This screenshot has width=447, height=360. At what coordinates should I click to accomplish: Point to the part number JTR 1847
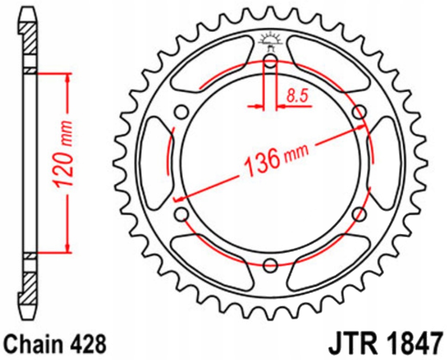tap(385, 343)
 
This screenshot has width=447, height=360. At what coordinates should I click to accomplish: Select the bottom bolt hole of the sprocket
tap(270, 266)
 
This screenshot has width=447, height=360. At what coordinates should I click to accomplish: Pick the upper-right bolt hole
tap(360, 112)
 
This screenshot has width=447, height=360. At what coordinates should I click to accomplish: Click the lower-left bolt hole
tap(181, 214)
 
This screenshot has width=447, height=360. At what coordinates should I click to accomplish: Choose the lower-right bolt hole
tap(360, 214)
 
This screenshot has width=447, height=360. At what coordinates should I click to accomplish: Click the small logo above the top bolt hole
tap(270, 40)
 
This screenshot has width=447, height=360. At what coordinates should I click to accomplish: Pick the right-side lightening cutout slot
tap(385, 163)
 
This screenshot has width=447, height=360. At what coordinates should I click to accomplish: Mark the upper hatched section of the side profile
tap(29, 38)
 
